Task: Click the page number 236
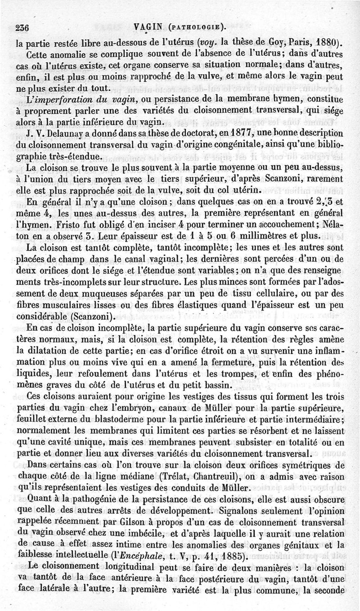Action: [22, 27]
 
